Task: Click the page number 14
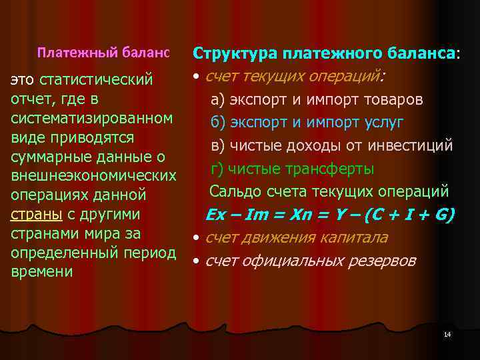pyautogui.click(x=447, y=333)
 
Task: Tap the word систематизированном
pyautogui.click(x=93, y=119)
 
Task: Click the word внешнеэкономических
pyautogui.click(x=93, y=176)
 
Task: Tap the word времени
pyautogui.click(x=42, y=272)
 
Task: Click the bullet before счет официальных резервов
pyautogui.click(x=197, y=261)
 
